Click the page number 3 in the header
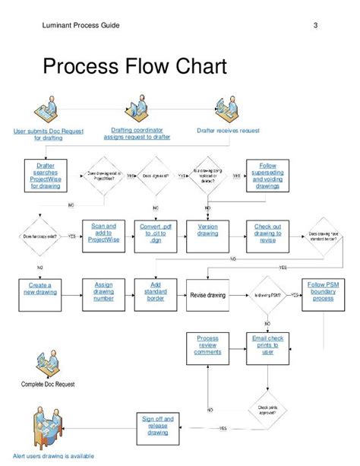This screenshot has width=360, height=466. click(314, 27)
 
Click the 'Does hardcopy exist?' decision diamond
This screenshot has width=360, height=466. click(38, 236)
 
